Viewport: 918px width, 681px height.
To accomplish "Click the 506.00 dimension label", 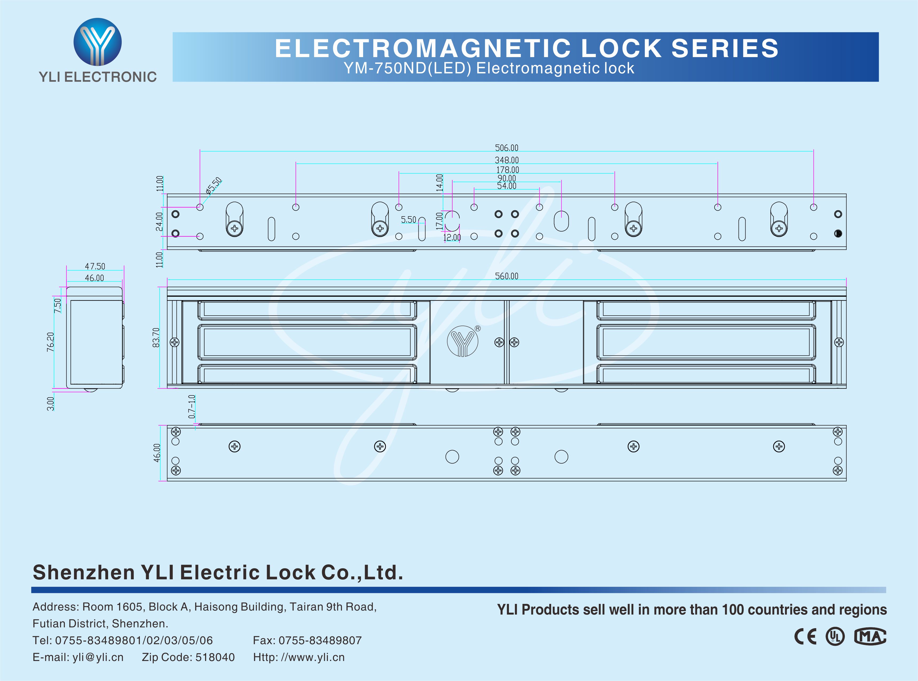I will click(507, 148).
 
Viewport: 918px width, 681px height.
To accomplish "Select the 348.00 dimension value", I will click(507, 160).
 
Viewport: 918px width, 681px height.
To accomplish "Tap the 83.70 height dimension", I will click(156, 337).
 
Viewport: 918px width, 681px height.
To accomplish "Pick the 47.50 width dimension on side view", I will click(95, 266).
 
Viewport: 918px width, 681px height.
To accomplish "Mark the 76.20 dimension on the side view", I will click(50, 342).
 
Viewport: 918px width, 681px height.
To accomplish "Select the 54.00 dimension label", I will click(507, 186).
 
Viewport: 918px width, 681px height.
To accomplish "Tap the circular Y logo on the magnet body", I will click(462, 341).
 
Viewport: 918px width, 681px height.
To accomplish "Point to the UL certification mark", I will click(835, 636).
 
